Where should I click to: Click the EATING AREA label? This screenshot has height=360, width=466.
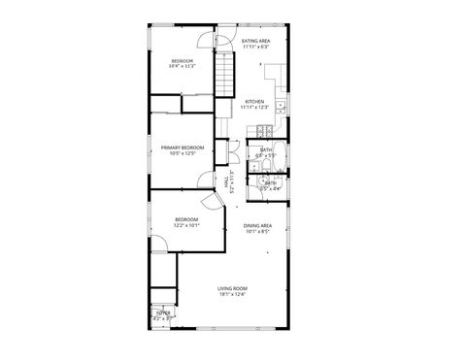click(256, 41)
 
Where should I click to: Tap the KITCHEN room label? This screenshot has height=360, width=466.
click(254, 101)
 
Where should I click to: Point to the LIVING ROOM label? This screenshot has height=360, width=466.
click(232, 288)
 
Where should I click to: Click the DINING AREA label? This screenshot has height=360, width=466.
click(258, 225)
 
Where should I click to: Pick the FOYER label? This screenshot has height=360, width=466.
click(163, 311)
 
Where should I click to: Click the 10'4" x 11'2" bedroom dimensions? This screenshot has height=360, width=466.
click(183, 66)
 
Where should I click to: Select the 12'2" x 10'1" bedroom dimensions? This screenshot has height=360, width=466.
click(186, 225)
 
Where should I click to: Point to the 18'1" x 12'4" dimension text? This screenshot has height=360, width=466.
click(232, 294)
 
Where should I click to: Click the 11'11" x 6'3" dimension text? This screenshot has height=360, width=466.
click(256, 47)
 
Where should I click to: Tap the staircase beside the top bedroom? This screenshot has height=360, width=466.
click(226, 73)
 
